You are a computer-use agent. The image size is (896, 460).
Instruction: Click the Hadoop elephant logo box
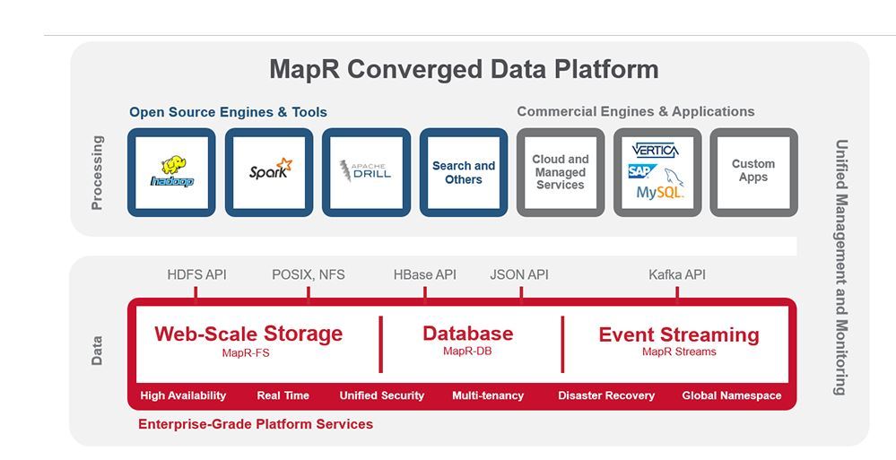(x=171, y=172)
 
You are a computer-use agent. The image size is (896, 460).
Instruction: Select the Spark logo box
(x=269, y=172)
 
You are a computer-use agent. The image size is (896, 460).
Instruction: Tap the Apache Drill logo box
(x=366, y=172)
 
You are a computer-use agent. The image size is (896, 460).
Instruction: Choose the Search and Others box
(x=464, y=172)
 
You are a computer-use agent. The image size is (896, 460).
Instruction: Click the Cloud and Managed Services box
(x=561, y=172)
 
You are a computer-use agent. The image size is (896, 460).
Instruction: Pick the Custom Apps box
(x=753, y=171)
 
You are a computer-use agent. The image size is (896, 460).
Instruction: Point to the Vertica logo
(x=655, y=150)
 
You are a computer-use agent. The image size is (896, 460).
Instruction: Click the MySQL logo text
(x=660, y=193)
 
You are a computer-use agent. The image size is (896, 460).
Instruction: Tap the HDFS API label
(x=196, y=274)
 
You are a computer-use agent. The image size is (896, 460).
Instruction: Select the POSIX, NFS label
(x=308, y=274)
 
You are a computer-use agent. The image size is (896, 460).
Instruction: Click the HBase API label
(x=425, y=274)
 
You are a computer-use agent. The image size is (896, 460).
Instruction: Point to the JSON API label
(x=519, y=274)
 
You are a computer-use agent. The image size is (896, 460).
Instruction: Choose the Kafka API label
(x=677, y=274)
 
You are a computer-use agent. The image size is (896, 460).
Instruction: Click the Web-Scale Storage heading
(x=248, y=334)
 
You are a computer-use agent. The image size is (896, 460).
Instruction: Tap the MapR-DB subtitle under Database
(x=467, y=352)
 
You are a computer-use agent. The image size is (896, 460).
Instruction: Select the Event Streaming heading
(x=679, y=334)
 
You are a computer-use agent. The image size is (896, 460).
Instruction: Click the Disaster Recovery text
(x=606, y=395)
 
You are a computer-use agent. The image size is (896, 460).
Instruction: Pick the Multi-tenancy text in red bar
(x=488, y=395)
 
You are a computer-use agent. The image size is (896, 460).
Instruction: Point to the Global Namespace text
(x=732, y=395)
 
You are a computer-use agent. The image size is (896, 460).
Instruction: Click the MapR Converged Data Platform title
(x=464, y=69)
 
